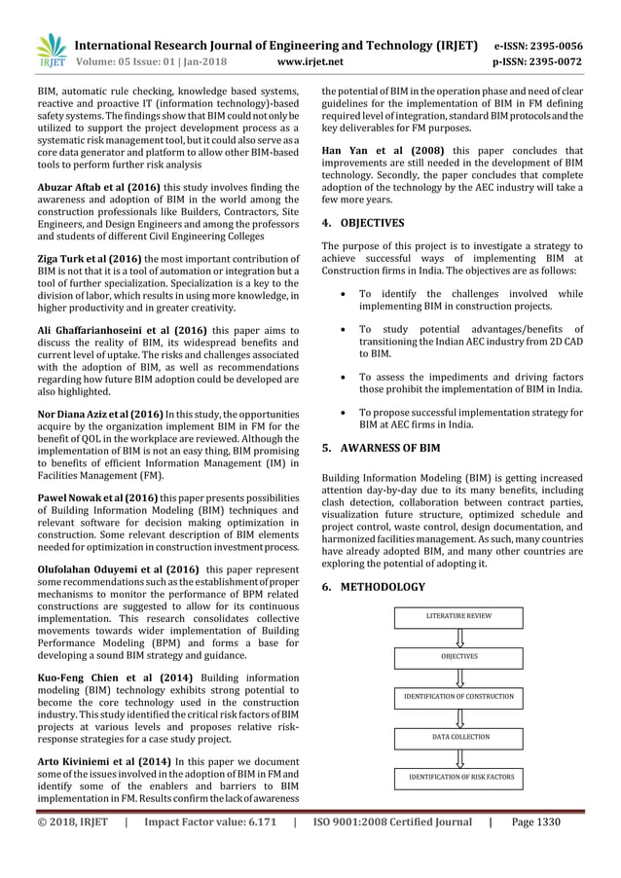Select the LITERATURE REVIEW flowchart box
459,617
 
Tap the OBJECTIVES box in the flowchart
459,657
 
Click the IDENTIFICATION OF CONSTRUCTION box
459,697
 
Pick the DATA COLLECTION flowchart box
459,737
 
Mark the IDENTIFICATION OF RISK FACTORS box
459,777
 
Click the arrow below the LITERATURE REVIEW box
459,638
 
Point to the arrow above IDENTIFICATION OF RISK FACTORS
459,757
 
